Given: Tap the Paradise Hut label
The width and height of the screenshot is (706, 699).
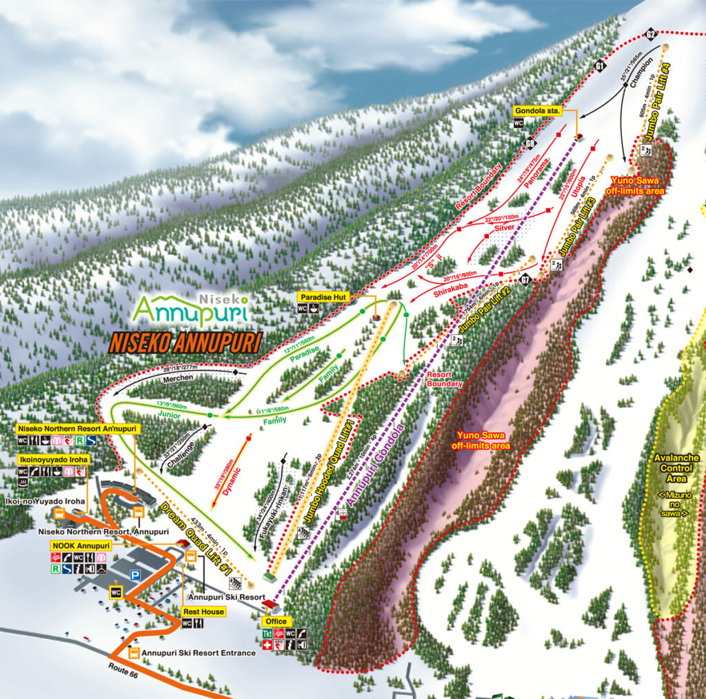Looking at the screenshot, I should pos(325,296).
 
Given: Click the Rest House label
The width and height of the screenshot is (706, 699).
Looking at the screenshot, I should pos(203,611).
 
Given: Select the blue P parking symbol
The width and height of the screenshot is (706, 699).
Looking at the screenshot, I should pos(135,574).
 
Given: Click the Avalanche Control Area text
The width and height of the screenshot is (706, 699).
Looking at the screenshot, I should pos(677,469).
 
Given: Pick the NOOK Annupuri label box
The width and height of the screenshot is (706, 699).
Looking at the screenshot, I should pos(79,545).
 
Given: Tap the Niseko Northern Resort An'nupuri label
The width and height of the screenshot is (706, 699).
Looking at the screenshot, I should pos(78,428).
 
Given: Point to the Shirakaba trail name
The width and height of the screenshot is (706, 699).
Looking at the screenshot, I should pos(453,293).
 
